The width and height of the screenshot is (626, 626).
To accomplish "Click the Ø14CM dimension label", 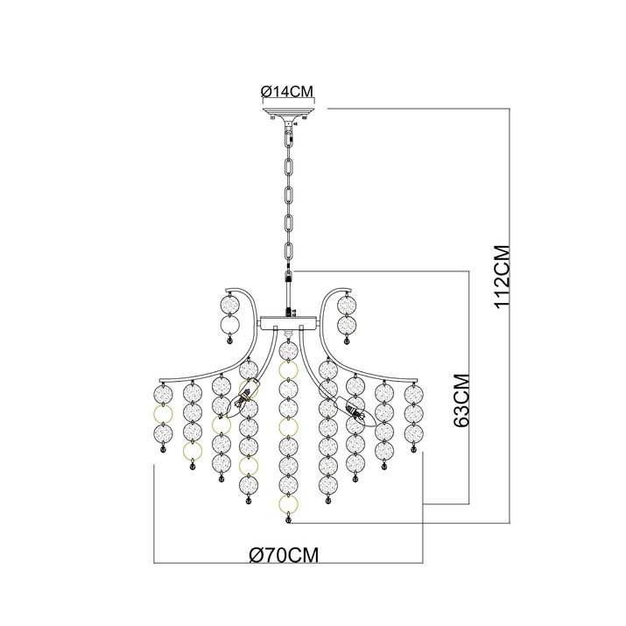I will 287,90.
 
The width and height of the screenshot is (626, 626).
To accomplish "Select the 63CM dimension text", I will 463,399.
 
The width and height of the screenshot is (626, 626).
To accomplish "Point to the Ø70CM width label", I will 283,554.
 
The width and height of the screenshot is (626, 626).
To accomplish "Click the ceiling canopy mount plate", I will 288,114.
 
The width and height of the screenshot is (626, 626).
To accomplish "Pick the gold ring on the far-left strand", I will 162,411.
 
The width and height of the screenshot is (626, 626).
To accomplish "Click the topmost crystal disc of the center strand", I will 286,349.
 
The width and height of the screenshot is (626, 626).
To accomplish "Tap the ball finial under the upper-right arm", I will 347,343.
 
